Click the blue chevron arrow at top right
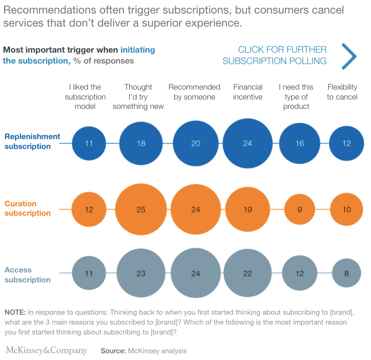click(x=349, y=56)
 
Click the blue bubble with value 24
click(x=248, y=143)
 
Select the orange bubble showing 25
click(x=141, y=209)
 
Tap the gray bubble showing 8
click(x=347, y=273)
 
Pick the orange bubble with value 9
click(x=300, y=209)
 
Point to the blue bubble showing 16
click(x=300, y=143)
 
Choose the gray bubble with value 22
click(x=248, y=273)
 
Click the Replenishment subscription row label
click(x=32, y=142)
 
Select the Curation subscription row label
click(x=28, y=208)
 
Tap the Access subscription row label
click(x=28, y=275)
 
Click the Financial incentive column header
click(x=248, y=92)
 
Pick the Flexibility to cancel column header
click(x=342, y=92)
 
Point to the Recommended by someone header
click(x=194, y=92)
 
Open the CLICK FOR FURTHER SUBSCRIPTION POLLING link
click(x=275, y=56)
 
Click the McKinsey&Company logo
click(x=46, y=351)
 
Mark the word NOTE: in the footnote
click(x=15, y=312)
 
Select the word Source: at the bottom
click(x=113, y=351)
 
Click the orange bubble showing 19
click(x=248, y=209)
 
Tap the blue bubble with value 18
click(x=141, y=143)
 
